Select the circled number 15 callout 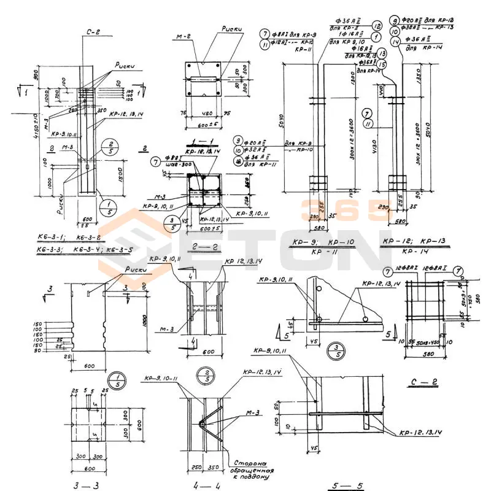pyautogui.click(x=382, y=64)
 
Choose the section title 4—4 pyautogui.click(x=199, y=485)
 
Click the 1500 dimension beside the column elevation pyautogui.click(x=122, y=174)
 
